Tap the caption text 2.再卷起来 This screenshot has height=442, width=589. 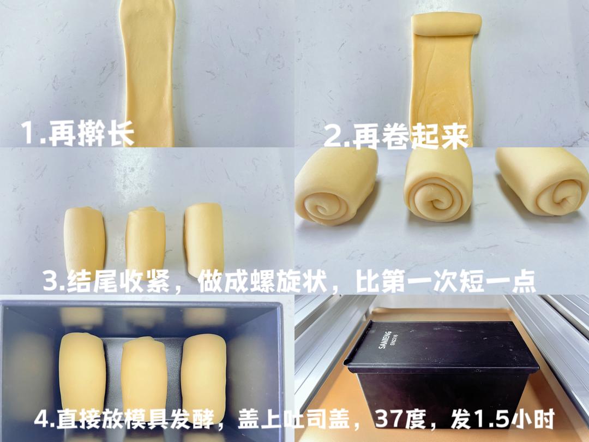click(x=396, y=136)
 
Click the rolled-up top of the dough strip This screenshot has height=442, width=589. click(x=446, y=25)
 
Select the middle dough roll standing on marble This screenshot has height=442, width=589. click(x=146, y=241)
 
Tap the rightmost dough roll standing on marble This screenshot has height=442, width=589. click(x=205, y=240)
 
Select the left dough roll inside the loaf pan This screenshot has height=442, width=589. click(x=82, y=376)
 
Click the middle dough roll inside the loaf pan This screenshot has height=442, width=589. click(x=144, y=378)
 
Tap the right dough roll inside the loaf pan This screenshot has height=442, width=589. click(x=204, y=376)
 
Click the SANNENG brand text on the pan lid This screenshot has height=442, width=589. click(x=384, y=339)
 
